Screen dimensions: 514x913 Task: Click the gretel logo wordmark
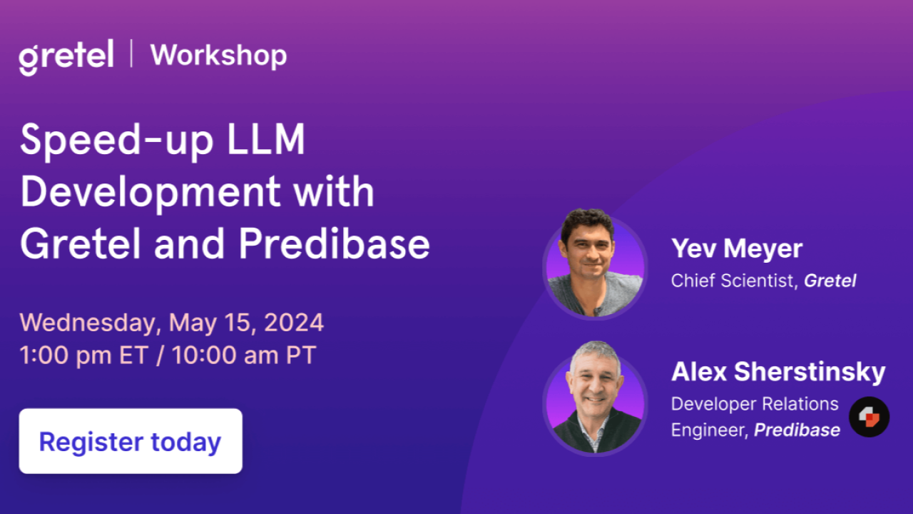point(66,57)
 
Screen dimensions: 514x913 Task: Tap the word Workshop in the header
point(218,55)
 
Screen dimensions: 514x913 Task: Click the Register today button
point(131,441)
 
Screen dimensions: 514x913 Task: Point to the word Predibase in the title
point(334,244)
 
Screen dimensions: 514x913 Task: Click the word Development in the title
point(150,192)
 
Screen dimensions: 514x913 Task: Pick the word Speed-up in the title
point(115,141)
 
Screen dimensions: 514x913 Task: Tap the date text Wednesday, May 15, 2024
point(172,323)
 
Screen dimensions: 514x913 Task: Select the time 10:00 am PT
point(242,355)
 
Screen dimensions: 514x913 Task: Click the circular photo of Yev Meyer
point(595,263)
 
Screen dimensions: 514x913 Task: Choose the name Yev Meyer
point(737,248)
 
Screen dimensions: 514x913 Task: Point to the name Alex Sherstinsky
point(778,372)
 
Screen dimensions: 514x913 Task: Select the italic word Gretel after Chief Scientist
point(830,281)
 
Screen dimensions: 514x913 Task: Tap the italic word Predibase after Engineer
point(797,430)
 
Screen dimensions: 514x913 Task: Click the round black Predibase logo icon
point(869,417)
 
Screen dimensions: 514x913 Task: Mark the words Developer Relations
point(755,404)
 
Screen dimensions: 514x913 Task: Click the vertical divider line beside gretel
point(132,54)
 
